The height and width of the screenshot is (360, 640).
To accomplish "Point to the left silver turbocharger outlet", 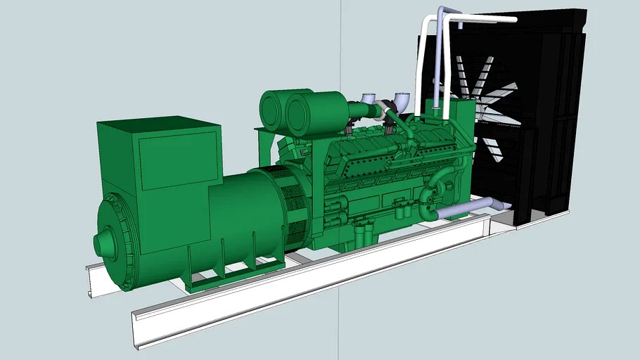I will (x=366, y=99).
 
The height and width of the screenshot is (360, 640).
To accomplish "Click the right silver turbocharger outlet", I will (x=402, y=98).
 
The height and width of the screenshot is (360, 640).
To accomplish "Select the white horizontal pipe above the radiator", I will (x=485, y=19).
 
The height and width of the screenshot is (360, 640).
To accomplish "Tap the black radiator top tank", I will (x=549, y=21).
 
